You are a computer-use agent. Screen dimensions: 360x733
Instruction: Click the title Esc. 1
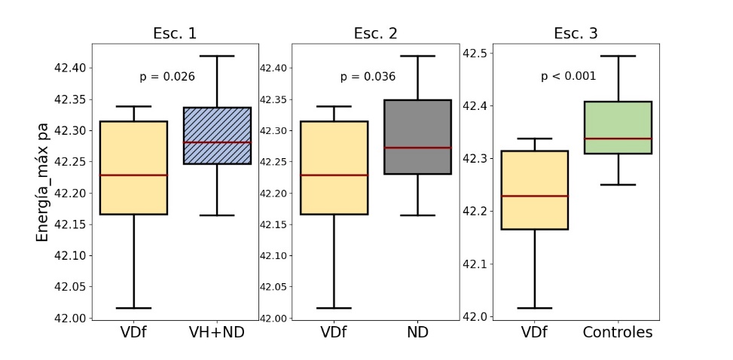[175, 33]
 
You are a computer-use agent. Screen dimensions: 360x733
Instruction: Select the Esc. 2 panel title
[375, 33]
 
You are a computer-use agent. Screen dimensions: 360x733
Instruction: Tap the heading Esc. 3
[576, 33]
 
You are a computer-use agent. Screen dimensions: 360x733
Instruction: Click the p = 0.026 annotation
[167, 77]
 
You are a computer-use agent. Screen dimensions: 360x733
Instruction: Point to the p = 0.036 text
[368, 77]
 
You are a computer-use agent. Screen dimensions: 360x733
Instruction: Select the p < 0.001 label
[569, 76]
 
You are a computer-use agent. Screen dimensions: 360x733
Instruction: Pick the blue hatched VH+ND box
[218, 136]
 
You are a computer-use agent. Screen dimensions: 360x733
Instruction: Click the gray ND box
[418, 137]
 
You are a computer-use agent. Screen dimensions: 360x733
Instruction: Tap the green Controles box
[618, 127]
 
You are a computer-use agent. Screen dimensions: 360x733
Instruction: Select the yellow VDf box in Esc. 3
[535, 190]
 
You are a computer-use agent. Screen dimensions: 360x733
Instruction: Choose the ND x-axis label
[418, 332]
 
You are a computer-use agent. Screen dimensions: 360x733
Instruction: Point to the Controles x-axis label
[618, 332]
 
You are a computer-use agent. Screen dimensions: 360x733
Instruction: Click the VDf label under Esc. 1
[133, 332]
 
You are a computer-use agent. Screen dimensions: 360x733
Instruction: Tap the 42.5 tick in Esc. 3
[474, 53]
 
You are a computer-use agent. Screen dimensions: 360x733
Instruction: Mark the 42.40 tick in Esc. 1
[73, 68]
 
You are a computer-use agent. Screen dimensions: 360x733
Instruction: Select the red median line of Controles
[618, 139]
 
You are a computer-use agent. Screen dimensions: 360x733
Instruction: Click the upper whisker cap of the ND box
[418, 56]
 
